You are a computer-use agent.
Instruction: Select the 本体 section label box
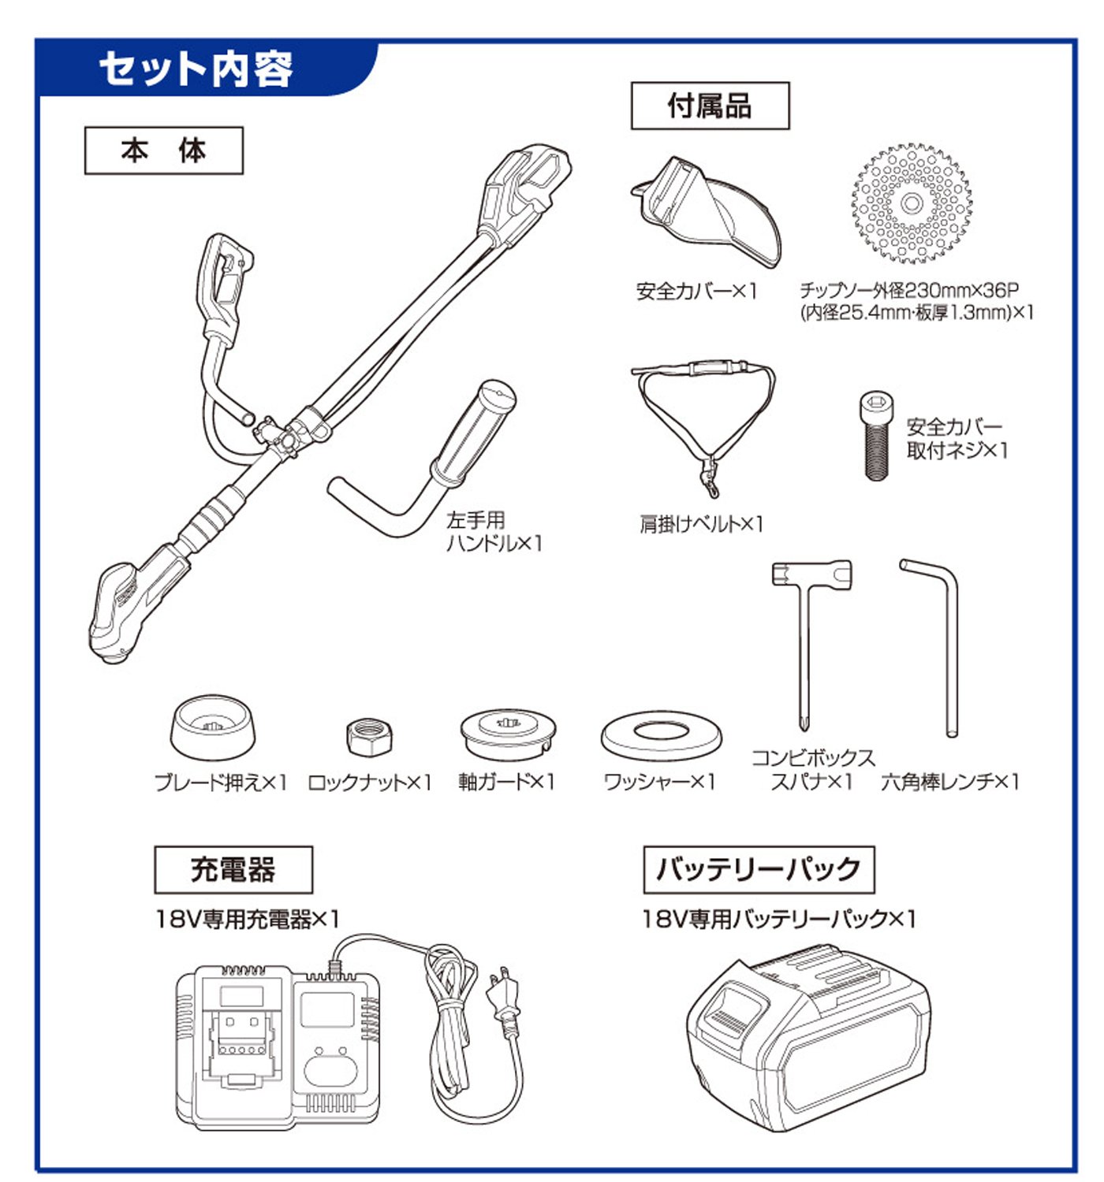[x=164, y=151]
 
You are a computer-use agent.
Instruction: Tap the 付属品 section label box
[x=711, y=106]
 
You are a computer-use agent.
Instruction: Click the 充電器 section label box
[x=233, y=869]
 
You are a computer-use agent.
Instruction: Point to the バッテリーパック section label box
[x=759, y=869]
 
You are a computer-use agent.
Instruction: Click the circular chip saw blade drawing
[x=911, y=203]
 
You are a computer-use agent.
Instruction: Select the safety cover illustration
[x=705, y=213]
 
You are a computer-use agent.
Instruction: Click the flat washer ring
[x=662, y=734]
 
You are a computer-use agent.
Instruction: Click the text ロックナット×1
[x=369, y=782]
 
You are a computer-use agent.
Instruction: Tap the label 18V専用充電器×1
[x=248, y=919]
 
